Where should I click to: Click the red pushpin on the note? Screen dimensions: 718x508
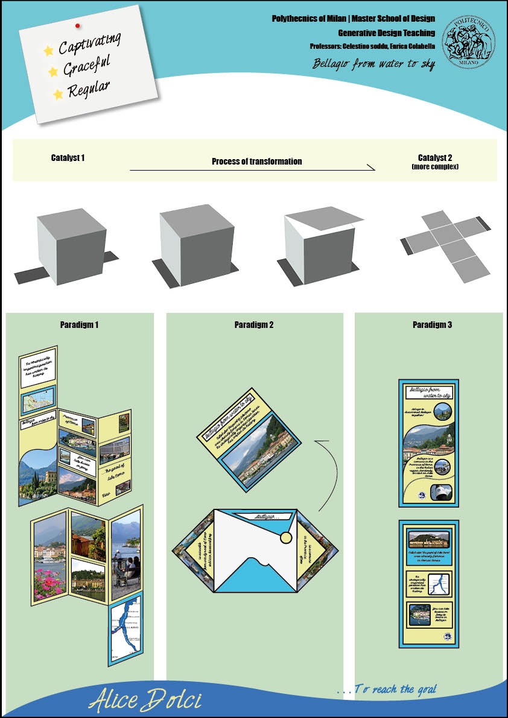pyautogui.click(x=77, y=25)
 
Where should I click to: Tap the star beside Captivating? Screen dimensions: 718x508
pyautogui.click(x=49, y=51)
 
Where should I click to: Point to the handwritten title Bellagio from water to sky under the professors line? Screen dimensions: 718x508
pyautogui.click(x=373, y=64)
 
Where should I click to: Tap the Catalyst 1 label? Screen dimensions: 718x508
pyautogui.click(x=68, y=158)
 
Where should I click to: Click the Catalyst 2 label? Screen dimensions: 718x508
pyautogui.click(x=434, y=159)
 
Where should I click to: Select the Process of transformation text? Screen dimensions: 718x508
pyautogui.click(x=256, y=162)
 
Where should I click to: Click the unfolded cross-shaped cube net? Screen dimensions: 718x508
pyautogui.click(x=446, y=241)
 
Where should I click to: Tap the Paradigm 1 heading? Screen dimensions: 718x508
pyautogui.click(x=79, y=325)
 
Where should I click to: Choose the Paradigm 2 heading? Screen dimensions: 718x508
pyautogui.click(x=254, y=325)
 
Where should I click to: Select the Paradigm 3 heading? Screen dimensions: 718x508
pyautogui.click(x=432, y=325)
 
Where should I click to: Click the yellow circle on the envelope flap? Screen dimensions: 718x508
pyautogui.click(x=286, y=538)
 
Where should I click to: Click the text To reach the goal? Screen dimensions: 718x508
pyautogui.click(x=386, y=689)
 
